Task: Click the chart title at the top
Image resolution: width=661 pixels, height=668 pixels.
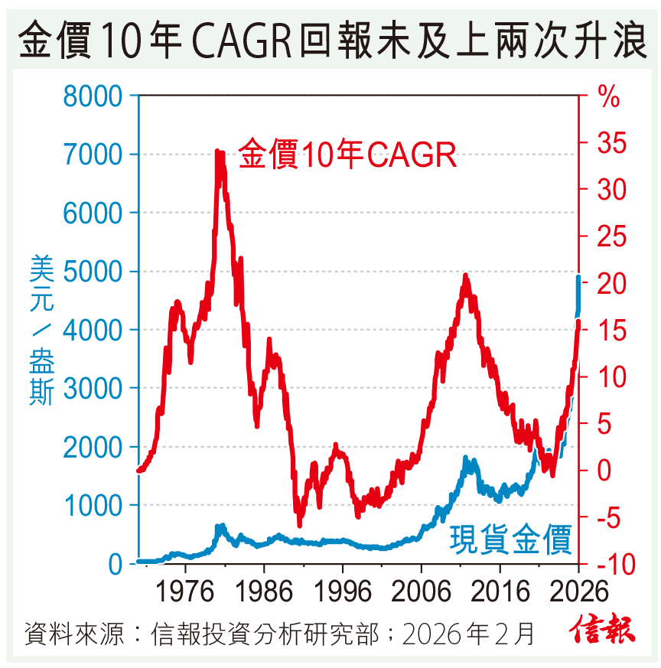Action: pos(330,38)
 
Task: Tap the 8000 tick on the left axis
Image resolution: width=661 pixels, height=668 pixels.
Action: pos(93,96)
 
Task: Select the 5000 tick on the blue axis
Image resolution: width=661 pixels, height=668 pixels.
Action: pos(93,272)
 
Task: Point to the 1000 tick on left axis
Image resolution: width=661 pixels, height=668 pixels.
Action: pos(93,506)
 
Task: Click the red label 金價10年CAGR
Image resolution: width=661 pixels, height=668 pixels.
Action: pos(348,155)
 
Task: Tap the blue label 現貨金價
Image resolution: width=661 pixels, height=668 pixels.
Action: pos(510,539)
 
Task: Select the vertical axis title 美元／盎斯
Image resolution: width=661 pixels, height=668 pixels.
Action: pos(41,329)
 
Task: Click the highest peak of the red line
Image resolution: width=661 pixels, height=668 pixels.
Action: pos(217,152)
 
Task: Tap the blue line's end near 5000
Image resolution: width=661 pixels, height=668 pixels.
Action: pos(578,278)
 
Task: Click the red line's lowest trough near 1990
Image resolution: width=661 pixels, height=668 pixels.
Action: pos(299,524)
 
